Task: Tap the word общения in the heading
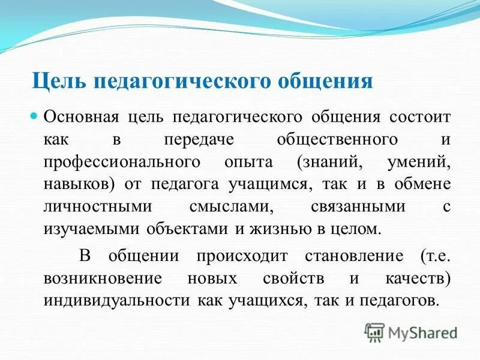click(321, 80)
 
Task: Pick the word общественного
click(338, 140)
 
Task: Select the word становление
click(347, 256)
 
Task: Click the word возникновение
click(100, 279)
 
